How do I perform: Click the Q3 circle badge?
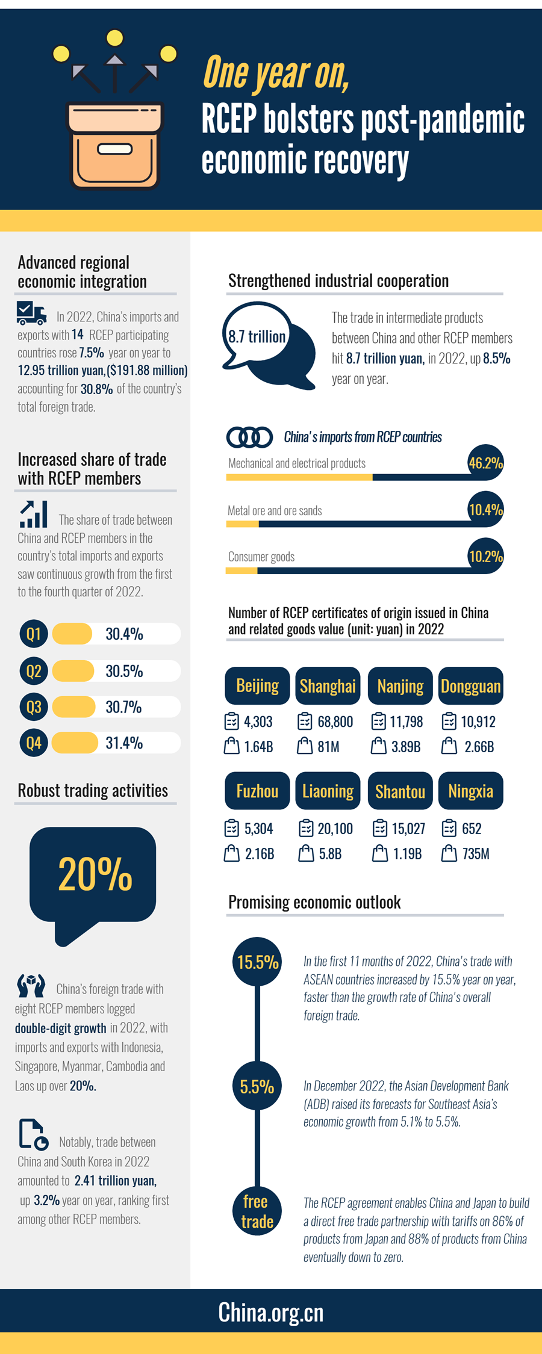click(x=34, y=706)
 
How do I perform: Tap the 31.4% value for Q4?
click(x=124, y=743)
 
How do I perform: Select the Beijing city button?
click(x=257, y=685)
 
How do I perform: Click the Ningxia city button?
click(x=470, y=791)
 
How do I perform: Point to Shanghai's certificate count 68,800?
click(x=335, y=722)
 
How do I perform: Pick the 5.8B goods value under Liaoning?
click(x=330, y=854)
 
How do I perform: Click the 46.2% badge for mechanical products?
click(x=485, y=463)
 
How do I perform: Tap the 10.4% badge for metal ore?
click(x=485, y=510)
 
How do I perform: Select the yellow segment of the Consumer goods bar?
click(x=241, y=570)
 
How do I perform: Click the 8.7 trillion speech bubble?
click(x=258, y=337)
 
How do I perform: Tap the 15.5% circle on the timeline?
click(x=257, y=962)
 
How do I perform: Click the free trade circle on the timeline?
click(x=257, y=1211)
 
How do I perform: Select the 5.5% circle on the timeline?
click(x=257, y=1086)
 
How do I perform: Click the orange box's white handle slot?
click(x=114, y=149)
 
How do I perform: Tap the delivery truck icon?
click(x=31, y=313)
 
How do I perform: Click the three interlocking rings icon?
click(x=249, y=437)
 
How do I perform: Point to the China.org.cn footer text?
click(x=271, y=1312)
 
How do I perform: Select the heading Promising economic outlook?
click(x=314, y=902)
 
